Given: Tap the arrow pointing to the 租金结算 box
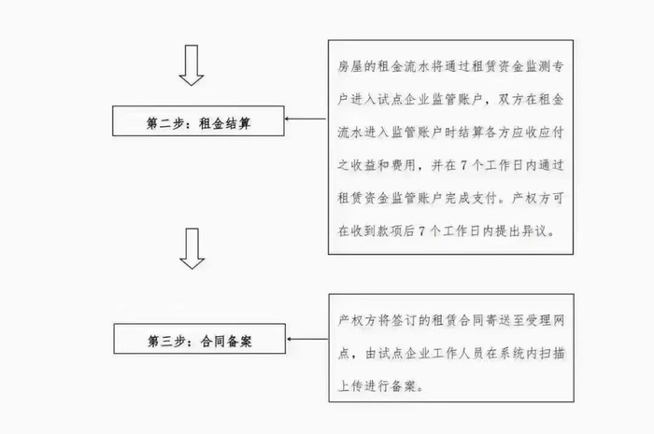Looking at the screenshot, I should point(305,119).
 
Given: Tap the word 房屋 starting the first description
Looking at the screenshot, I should point(348,68).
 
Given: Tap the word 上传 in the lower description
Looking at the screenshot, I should point(348,384).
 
